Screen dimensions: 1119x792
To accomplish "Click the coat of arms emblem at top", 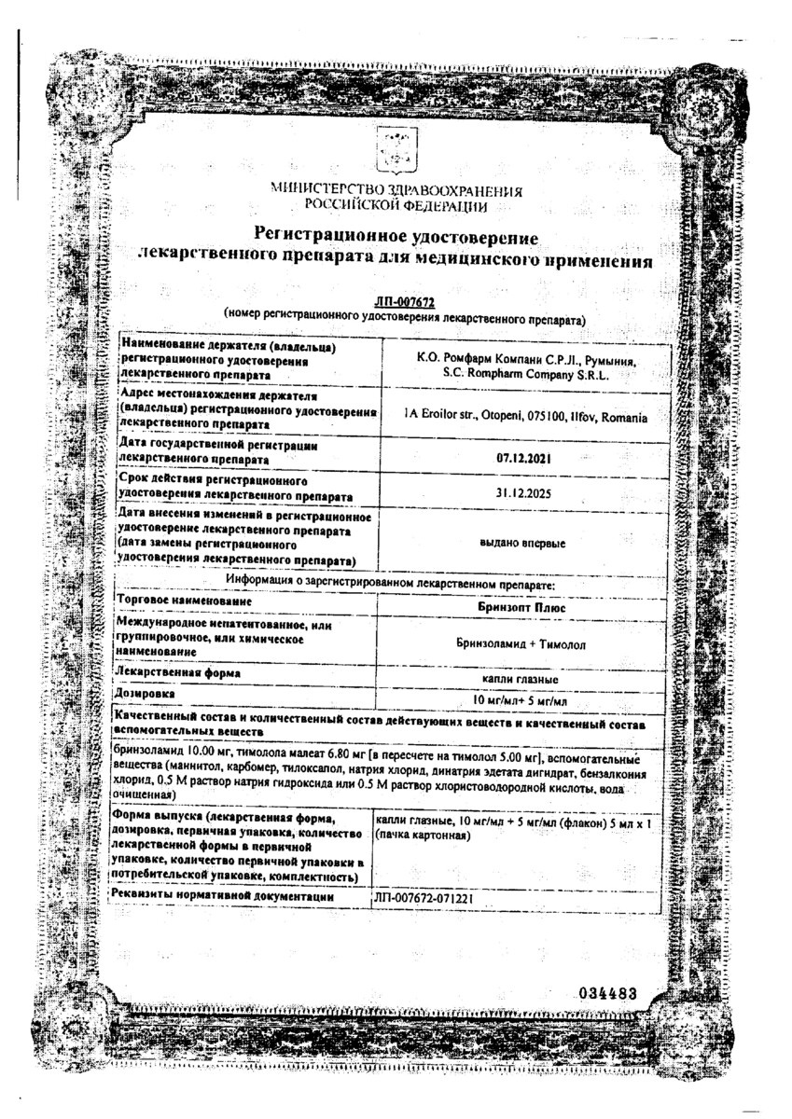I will pyautogui.click(x=396, y=151).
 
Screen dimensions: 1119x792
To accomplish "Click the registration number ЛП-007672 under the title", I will pyautogui.click(x=396, y=300).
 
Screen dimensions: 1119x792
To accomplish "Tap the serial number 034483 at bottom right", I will pyautogui.click(x=606, y=993).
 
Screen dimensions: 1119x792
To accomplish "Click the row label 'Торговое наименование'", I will pyautogui.click(x=177, y=603).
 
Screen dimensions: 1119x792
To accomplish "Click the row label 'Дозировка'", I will pyautogui.click(x=146, y=695).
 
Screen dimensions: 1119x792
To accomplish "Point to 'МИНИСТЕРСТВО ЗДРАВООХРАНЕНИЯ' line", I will pyautogui.click(x=396, y=191).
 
